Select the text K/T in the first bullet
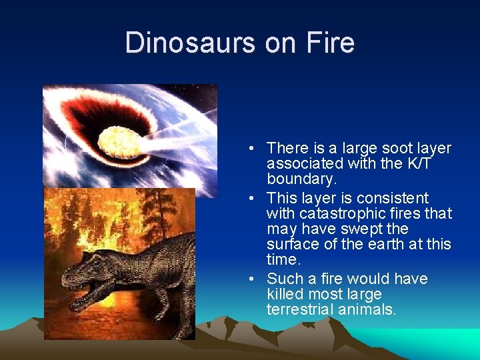pyautogui.click(x=415, y=163)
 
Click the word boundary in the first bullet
pyautogui.click(x=301, y=179)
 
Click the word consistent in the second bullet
pyautogui.click(x=393, y=198)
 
